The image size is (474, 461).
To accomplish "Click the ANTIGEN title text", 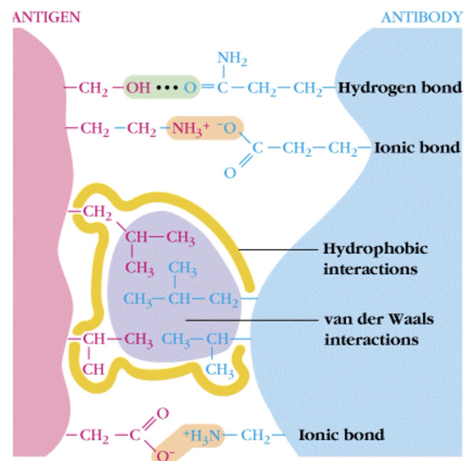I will (x=46, y=17).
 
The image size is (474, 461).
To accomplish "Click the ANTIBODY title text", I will (x=421, y=17).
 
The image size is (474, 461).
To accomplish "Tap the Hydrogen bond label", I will (x=400, y=87).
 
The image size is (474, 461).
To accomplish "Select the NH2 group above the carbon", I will (x=232, y=59).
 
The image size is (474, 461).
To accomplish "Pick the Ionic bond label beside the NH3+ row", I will (x=417, y=147).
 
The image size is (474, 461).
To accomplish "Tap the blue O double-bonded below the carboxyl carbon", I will (x=230, y=173).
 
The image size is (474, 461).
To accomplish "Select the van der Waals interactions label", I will (x=378, y=329).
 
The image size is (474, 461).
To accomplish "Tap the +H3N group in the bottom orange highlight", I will (x=202, y=435).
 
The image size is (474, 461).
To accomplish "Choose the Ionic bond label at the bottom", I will (x=341, y=435).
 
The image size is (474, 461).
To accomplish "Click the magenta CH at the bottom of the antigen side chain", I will (x=94, y=369).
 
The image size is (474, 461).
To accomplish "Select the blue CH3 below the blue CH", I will (x=220, y=369).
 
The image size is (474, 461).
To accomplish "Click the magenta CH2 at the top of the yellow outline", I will (x=97, y=212).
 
